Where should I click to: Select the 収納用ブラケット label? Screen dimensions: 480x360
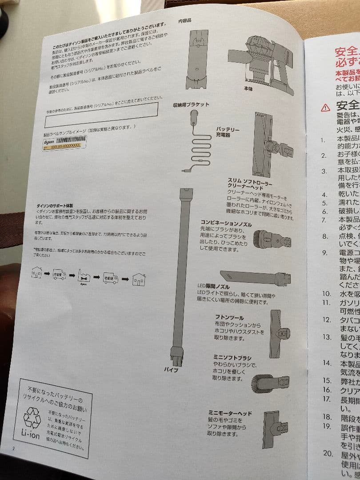coord(191,105)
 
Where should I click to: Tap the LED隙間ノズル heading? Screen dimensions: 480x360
coord(213,287)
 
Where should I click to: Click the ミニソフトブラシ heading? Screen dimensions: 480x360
coord(232,358)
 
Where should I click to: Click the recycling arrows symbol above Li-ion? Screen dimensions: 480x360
coord(32,417)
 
